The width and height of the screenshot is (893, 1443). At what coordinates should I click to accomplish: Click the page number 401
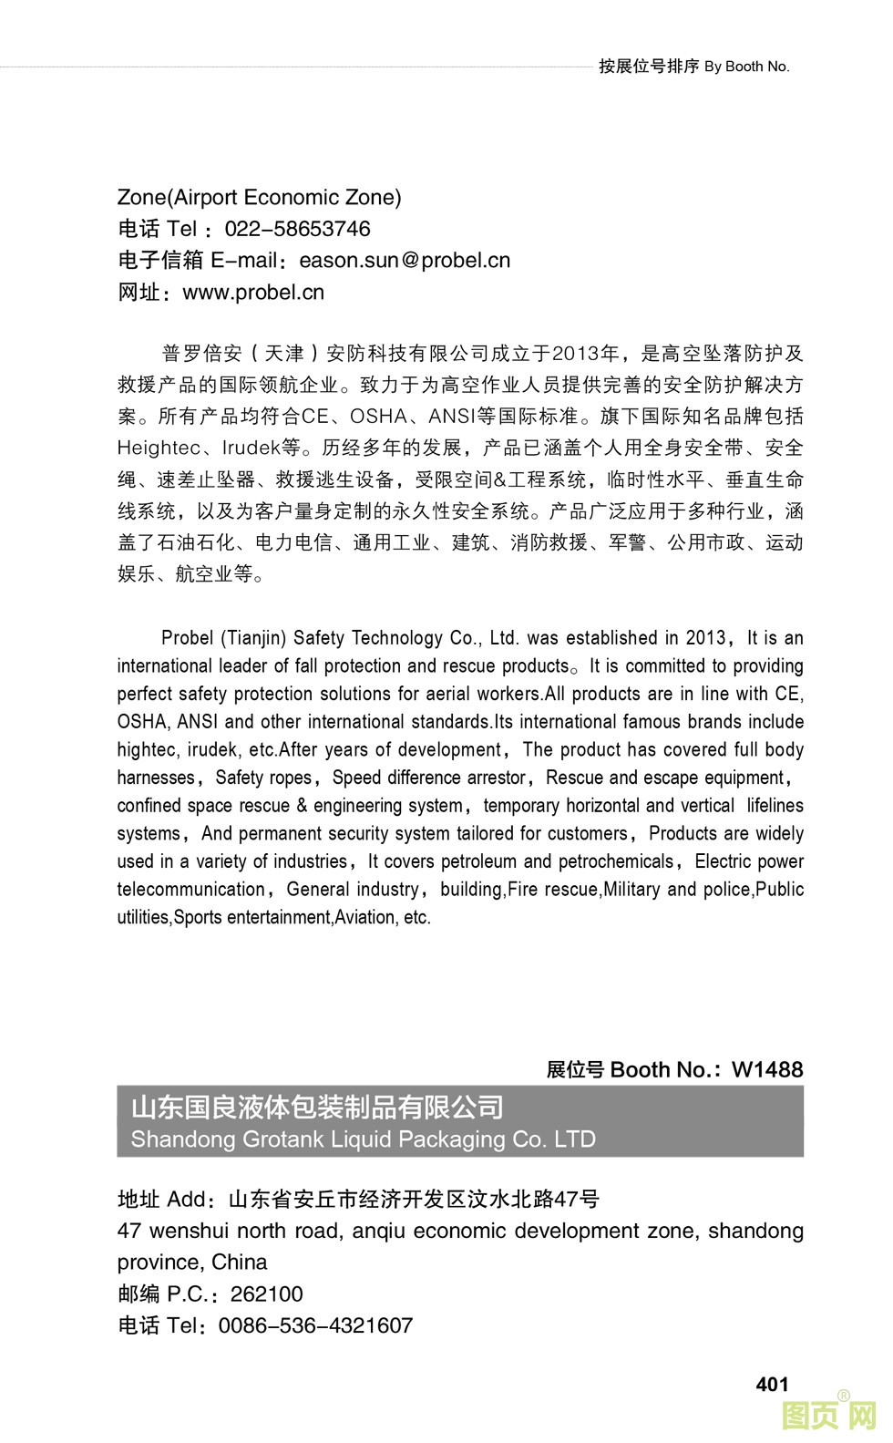pos(772,1384)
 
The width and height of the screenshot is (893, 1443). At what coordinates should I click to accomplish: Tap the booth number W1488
pos(767,1069)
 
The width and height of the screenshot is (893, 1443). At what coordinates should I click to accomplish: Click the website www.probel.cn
pos(253,293)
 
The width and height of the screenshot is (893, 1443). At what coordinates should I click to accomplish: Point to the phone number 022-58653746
pos(297,229)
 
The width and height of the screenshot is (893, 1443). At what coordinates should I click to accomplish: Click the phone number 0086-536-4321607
pos(315,1325)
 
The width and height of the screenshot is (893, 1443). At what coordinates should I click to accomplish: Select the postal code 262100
pos(266,1294)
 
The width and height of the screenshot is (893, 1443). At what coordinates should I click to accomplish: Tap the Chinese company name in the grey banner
pos(317,1108)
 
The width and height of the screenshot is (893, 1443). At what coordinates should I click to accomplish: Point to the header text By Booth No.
pos(746,67)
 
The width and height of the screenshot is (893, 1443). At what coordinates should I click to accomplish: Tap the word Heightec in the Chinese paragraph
pos(159,448)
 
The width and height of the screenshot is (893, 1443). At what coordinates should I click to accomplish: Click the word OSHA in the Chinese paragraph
pos(378,417)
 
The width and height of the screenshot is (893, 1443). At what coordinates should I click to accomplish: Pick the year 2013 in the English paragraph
pos(706,638)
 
